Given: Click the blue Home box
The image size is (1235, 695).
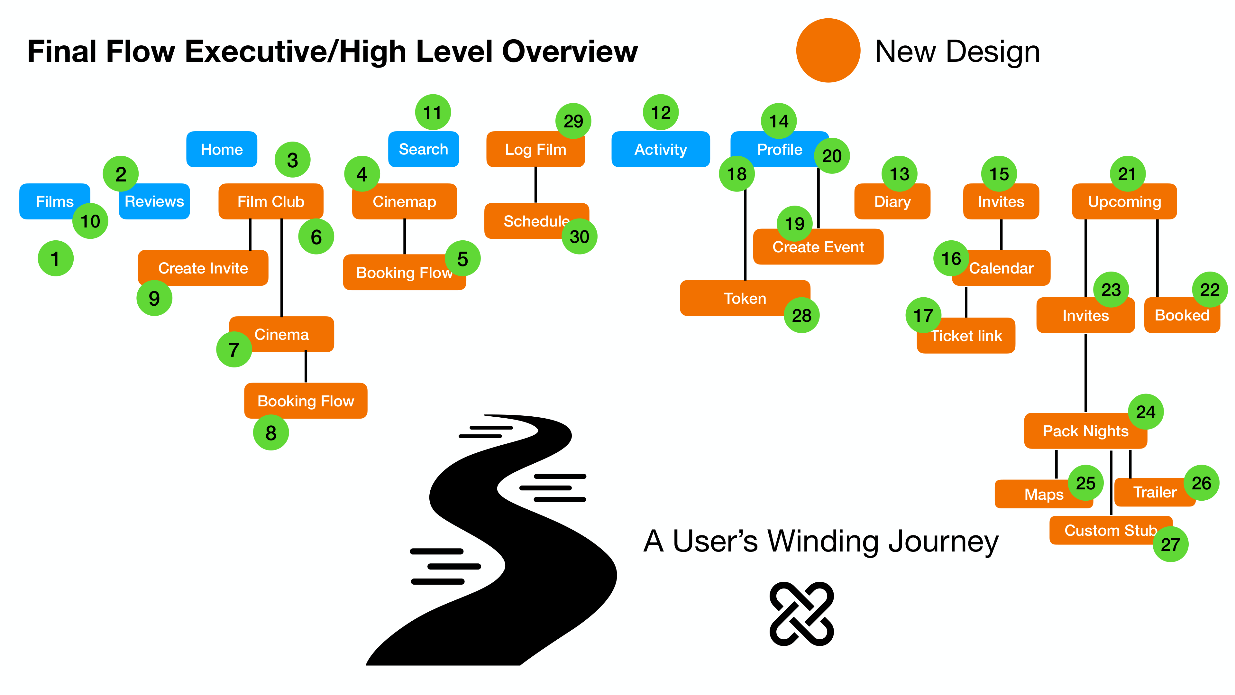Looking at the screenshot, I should pos(222,149).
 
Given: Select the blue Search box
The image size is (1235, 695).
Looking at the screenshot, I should pos(423,149).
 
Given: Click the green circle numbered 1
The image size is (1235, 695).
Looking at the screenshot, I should pos(56,258).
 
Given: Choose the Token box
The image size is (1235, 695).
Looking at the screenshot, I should pos(745,298).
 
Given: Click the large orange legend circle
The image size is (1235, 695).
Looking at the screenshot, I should pos(828,51).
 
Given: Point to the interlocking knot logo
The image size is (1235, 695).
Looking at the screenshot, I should pos(801,614).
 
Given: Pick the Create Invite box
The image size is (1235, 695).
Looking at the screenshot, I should pos(203,268).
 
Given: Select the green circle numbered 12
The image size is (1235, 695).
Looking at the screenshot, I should pos(661,112).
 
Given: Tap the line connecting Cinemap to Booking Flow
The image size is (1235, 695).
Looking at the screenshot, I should pos(405,236).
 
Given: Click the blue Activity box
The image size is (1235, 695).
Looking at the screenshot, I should pos(660,149).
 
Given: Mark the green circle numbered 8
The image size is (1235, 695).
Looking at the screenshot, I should pos(271,433).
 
